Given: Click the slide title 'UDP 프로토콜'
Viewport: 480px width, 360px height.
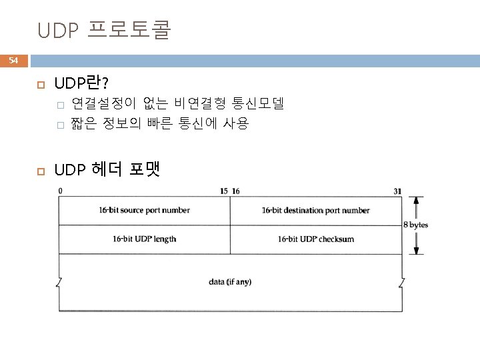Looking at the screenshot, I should pos(105,31).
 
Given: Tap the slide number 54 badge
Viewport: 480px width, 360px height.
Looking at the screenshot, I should pos(14,61).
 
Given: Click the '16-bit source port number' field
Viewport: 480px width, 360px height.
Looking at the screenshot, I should pos(145,211).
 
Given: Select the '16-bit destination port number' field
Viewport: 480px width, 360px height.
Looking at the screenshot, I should pos(315,211).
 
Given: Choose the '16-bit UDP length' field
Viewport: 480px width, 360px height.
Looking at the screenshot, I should pos(145,239).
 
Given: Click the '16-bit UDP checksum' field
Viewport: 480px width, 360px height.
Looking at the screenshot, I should pos(315,239).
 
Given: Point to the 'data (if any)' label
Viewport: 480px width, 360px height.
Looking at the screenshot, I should pos(230,282).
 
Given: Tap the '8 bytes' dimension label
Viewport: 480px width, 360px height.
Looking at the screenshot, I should pos(416,225).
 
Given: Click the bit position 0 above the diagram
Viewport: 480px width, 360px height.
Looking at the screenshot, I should pos(61,191).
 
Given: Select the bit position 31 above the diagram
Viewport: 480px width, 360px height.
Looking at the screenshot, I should pos(397,191).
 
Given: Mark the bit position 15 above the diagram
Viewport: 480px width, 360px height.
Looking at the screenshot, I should pos(223,191).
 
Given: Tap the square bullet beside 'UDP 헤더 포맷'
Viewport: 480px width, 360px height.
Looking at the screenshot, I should pos(39,171).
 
